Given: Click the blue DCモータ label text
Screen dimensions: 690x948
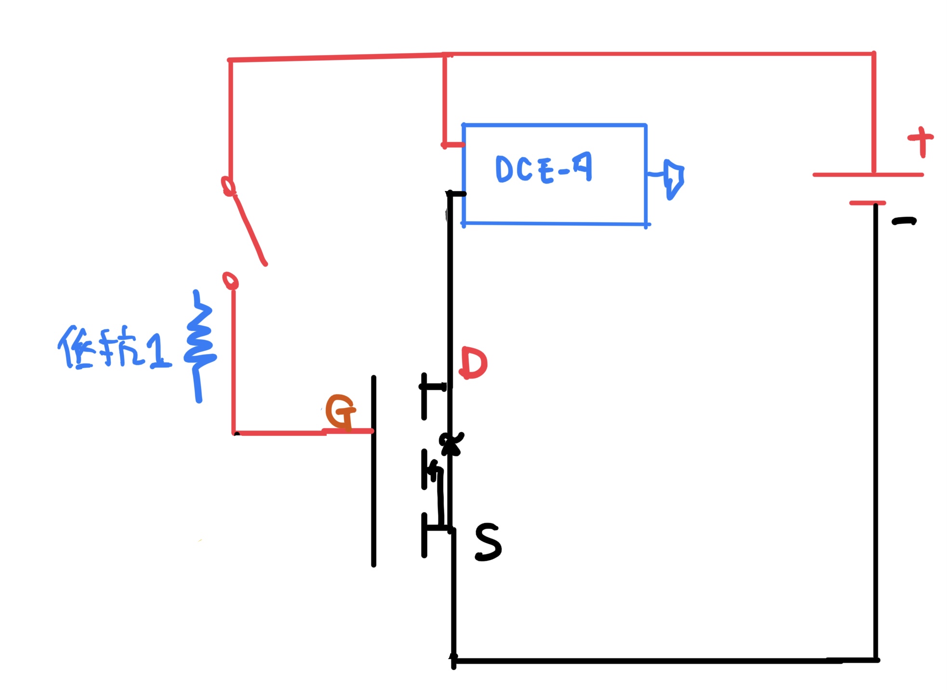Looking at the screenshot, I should click(x=544, y=169).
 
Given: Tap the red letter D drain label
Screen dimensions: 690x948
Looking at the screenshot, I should click(x=474, y=364).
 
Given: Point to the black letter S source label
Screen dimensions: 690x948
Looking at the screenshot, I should click(x=488, y=542).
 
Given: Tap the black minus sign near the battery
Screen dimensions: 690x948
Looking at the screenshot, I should click(x=904, y=221).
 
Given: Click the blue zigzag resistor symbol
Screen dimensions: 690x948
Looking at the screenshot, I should click(x=199, y=345).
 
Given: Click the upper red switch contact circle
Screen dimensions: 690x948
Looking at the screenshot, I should click(x=228, y=186).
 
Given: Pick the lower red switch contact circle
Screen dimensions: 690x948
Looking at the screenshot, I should click(x=231, y=280).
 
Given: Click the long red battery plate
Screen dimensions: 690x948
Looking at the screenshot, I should click(x=868, y=175).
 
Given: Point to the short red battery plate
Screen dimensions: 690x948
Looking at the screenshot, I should click(x=867, y=203).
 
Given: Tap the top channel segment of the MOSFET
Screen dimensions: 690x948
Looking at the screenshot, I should click(x=424, y=395).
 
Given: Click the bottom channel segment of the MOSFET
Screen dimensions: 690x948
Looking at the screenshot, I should click(x=424, y=535).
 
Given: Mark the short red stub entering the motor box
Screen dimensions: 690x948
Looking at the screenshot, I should click(x=453, y=144).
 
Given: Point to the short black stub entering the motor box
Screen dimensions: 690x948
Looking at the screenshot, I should click(x=456, y=194).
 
